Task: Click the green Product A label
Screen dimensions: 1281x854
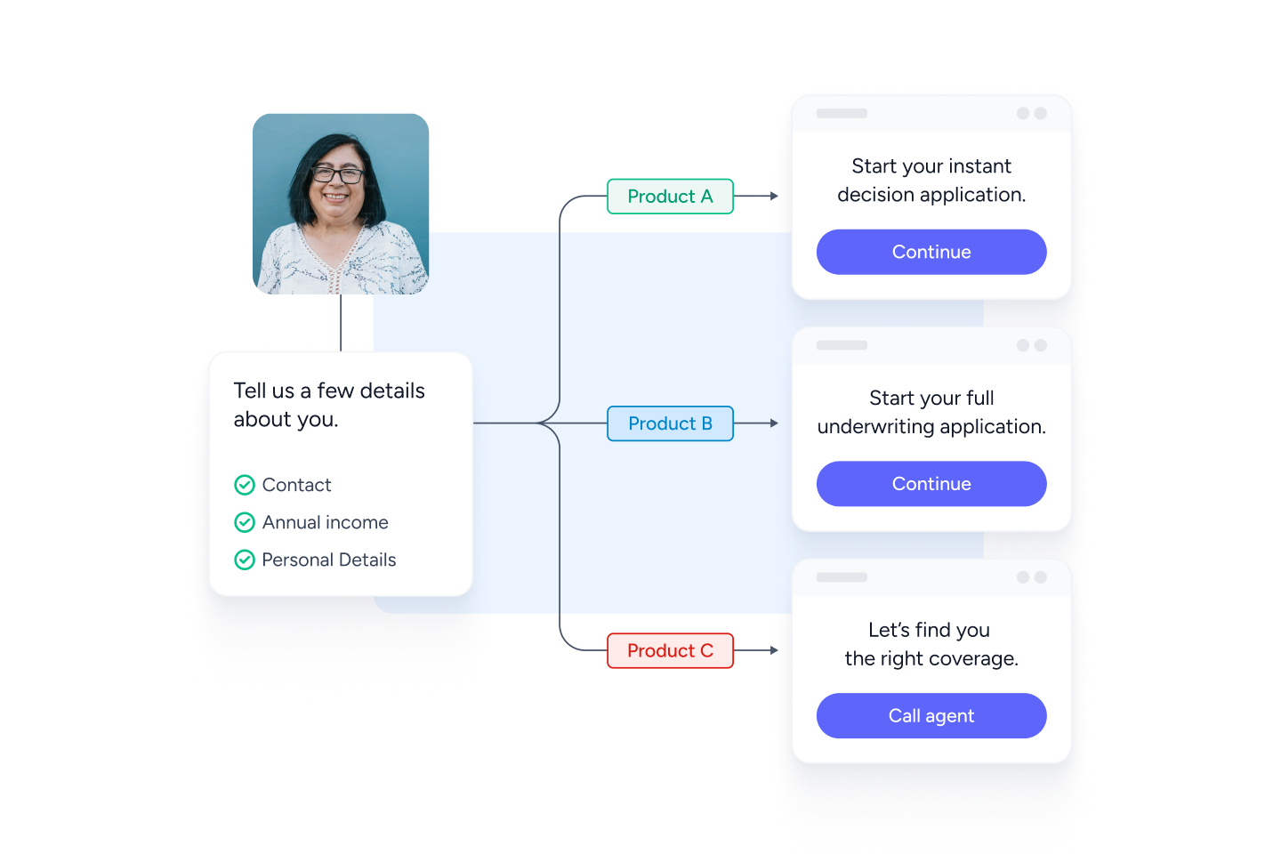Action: click(670, 197)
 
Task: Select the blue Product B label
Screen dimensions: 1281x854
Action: click(670, 423)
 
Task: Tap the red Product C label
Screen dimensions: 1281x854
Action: click(670, 650)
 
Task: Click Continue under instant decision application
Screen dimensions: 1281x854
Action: click(931, 252)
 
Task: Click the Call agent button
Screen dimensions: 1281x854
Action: click(931, 715)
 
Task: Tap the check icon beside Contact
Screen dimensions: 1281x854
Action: click(245, 485)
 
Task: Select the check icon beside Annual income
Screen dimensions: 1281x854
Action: click(245, 522)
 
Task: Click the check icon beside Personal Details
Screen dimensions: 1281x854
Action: click(245, 560)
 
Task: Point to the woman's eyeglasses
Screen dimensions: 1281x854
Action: click(339, 175)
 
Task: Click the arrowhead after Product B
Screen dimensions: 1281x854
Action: click(774, 423)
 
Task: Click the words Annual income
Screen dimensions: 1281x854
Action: click(325, 522)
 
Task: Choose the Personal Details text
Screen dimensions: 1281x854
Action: click(328, 560)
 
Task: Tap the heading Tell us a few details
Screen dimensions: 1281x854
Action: click(329, 391)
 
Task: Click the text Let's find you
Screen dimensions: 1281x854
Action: click(929, 630)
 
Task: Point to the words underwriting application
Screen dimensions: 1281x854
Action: click(931, 427)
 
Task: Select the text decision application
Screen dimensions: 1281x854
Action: click(931, 195)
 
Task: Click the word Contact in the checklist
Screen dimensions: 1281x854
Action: click(296, 485)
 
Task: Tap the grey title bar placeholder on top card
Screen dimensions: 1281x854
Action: click(842, 114)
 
